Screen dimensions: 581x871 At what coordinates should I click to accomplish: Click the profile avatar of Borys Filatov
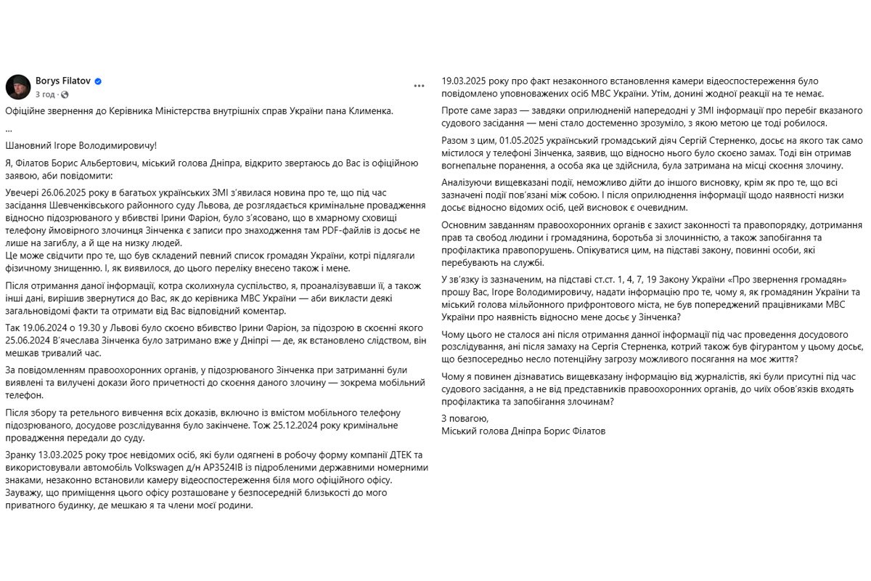[18, 86]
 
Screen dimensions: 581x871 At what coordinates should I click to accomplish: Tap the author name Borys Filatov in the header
[63, 81]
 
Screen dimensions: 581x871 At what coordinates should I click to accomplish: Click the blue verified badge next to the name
[98, 81]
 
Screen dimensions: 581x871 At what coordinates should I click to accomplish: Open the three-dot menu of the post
[419, 86]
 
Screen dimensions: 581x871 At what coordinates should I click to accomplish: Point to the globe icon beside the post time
[65, 94]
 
